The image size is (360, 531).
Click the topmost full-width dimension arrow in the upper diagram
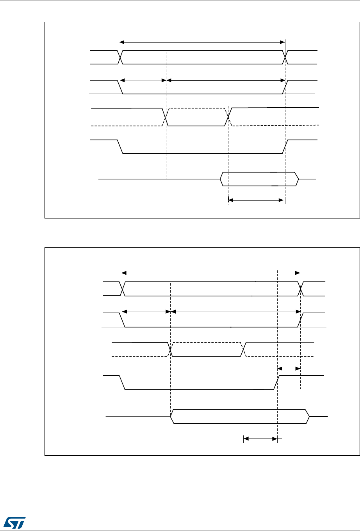click(x=202, y=41)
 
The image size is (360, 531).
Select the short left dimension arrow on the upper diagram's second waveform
click(x=143, y=80)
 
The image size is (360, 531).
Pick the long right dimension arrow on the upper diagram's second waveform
click(x=226, y=80)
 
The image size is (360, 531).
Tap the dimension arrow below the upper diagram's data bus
click(x=255, y=201)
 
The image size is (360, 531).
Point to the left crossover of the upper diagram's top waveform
click(x=120, y=57)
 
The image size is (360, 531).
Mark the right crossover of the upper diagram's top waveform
click(x=285, y=57)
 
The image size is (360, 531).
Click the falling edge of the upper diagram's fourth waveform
click(x=120, y=146)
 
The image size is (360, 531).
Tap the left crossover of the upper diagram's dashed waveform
click(x=165, y=117)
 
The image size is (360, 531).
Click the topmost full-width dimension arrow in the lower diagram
click(x=211, y=272)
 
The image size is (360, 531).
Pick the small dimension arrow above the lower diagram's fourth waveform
click(x=289, y=368)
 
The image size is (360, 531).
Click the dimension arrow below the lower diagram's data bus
click(x=260, y=439)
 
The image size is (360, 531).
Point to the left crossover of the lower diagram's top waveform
click(x=123, y=289)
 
